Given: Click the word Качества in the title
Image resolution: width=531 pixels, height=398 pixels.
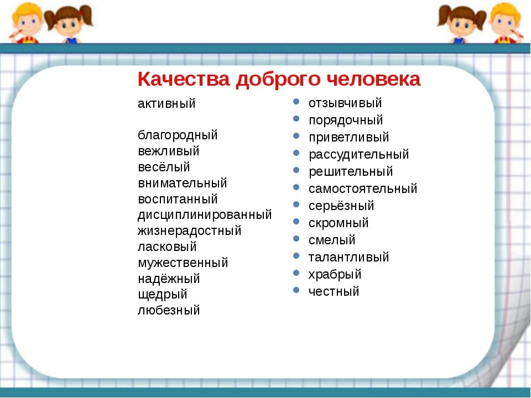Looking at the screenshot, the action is point(184,79).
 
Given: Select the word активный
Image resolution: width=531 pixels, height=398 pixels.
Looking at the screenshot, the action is point(166,103).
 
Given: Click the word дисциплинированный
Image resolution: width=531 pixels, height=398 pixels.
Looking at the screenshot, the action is point(205,215).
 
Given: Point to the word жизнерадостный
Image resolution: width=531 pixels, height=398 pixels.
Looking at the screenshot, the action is point(190,231).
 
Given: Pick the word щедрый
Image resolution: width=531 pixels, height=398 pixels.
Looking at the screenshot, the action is point(163,295).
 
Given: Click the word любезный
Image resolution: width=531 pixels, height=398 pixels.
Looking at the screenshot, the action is point(169,310).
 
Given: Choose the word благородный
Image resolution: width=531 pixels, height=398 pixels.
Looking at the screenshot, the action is point(178,135).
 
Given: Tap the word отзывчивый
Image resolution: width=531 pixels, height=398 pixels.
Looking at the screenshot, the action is point(345,103).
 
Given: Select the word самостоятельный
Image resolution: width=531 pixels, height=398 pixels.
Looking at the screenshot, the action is point(363,188).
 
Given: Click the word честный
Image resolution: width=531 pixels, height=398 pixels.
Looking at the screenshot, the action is point(334,291).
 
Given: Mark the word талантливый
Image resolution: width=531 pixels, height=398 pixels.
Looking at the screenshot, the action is point(349,257).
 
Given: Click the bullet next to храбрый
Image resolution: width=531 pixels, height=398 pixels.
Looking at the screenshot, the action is point(296,273).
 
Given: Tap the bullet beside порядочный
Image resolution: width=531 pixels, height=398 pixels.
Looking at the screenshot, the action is point(296,119).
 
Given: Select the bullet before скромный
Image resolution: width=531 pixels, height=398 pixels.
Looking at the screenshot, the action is point(296,221).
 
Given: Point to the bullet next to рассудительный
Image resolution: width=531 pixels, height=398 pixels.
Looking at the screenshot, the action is point(296,153).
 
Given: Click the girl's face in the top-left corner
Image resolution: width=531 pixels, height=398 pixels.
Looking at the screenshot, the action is point(69,24).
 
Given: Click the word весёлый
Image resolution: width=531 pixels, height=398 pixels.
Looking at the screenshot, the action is point(164,167).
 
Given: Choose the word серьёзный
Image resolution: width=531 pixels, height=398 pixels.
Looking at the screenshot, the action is point(341,206).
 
